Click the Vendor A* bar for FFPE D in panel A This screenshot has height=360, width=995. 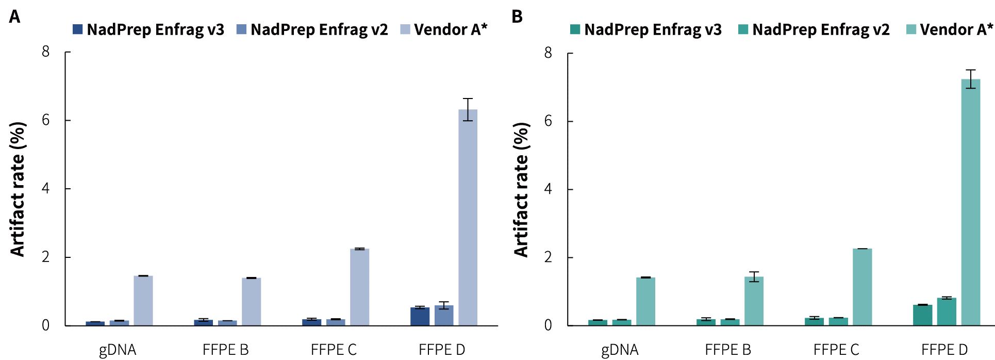coord(468,217)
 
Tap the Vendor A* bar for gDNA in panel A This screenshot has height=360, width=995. coord(143,301)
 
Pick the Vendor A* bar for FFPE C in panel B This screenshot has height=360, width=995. coord(862,287)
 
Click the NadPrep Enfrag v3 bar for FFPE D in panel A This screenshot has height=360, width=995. coord(420,316)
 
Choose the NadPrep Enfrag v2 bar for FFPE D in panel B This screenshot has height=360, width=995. coord(947,312)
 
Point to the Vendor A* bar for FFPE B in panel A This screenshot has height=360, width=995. coord(251,302)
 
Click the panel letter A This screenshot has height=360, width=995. coord(15,17)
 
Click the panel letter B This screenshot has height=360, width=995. coord(517,17)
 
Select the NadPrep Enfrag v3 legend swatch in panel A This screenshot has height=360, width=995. coord(77,29)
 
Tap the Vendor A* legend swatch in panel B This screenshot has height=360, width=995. coord(911,29)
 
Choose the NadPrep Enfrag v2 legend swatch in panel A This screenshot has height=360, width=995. coord(241,29)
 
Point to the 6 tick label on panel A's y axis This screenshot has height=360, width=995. coord(46,120)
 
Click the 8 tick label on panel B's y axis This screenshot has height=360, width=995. coord(548,53)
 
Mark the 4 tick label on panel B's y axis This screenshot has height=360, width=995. coord(548,189)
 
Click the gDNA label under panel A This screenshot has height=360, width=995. coord(118,350)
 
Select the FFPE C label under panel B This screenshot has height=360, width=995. coord(836,350)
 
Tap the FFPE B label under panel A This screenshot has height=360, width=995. coord(226,350)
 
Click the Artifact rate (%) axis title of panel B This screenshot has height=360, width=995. coord(521,189)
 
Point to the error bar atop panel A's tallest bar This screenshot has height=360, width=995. coord(468,109)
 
